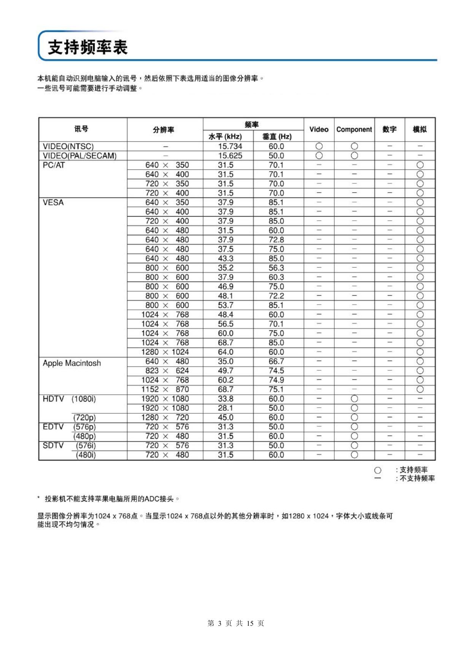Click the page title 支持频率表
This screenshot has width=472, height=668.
(x=87, y=48)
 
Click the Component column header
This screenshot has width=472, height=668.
(x=354, y=129)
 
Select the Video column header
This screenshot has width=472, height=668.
(x=319, y=129)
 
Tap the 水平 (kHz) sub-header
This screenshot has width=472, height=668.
(x=225, y=137)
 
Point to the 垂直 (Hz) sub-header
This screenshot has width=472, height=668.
(x=277, y=137)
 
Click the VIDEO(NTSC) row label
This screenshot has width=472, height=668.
(x=68, y=146)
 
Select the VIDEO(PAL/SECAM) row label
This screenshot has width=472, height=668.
(x=80, y=156)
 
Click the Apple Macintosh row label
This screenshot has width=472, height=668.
(x=72, y=363)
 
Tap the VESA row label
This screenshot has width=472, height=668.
(x=53, y=202)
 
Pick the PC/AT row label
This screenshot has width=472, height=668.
(x=54, y=165)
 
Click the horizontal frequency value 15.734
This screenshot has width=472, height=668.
(x=230, y=146)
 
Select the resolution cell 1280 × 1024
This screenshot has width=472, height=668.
(x=165, y=352)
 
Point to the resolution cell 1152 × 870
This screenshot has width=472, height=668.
(x=165, y=389)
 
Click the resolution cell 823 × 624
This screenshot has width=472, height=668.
(x=167, y=371)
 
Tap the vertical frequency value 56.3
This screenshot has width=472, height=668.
(x=276, y=268)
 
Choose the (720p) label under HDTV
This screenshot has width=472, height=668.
(x=84, y=418)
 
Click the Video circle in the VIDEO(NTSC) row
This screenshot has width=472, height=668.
(x=319, y=146)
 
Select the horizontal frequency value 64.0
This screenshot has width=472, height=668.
(x=226, y=352)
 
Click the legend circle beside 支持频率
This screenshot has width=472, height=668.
(x=378, y=470)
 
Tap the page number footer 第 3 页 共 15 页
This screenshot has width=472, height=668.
(x=236, y=623)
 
